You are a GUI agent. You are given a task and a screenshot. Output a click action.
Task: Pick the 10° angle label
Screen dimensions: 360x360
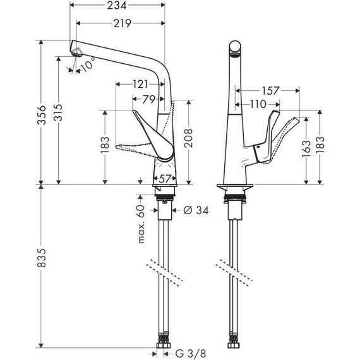tap(88, 64)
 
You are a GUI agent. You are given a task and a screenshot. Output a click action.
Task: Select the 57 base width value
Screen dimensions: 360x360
tap(165, 179)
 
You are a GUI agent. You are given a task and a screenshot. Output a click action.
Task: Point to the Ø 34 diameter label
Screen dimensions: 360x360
tap(195, 210)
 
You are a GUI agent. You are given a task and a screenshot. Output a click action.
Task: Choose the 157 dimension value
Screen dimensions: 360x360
tap(270, 91)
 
